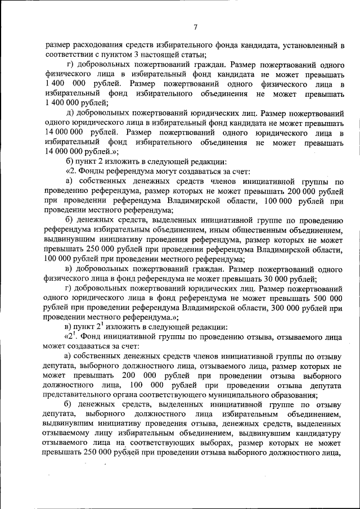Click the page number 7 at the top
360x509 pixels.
[x=195, y=27]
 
